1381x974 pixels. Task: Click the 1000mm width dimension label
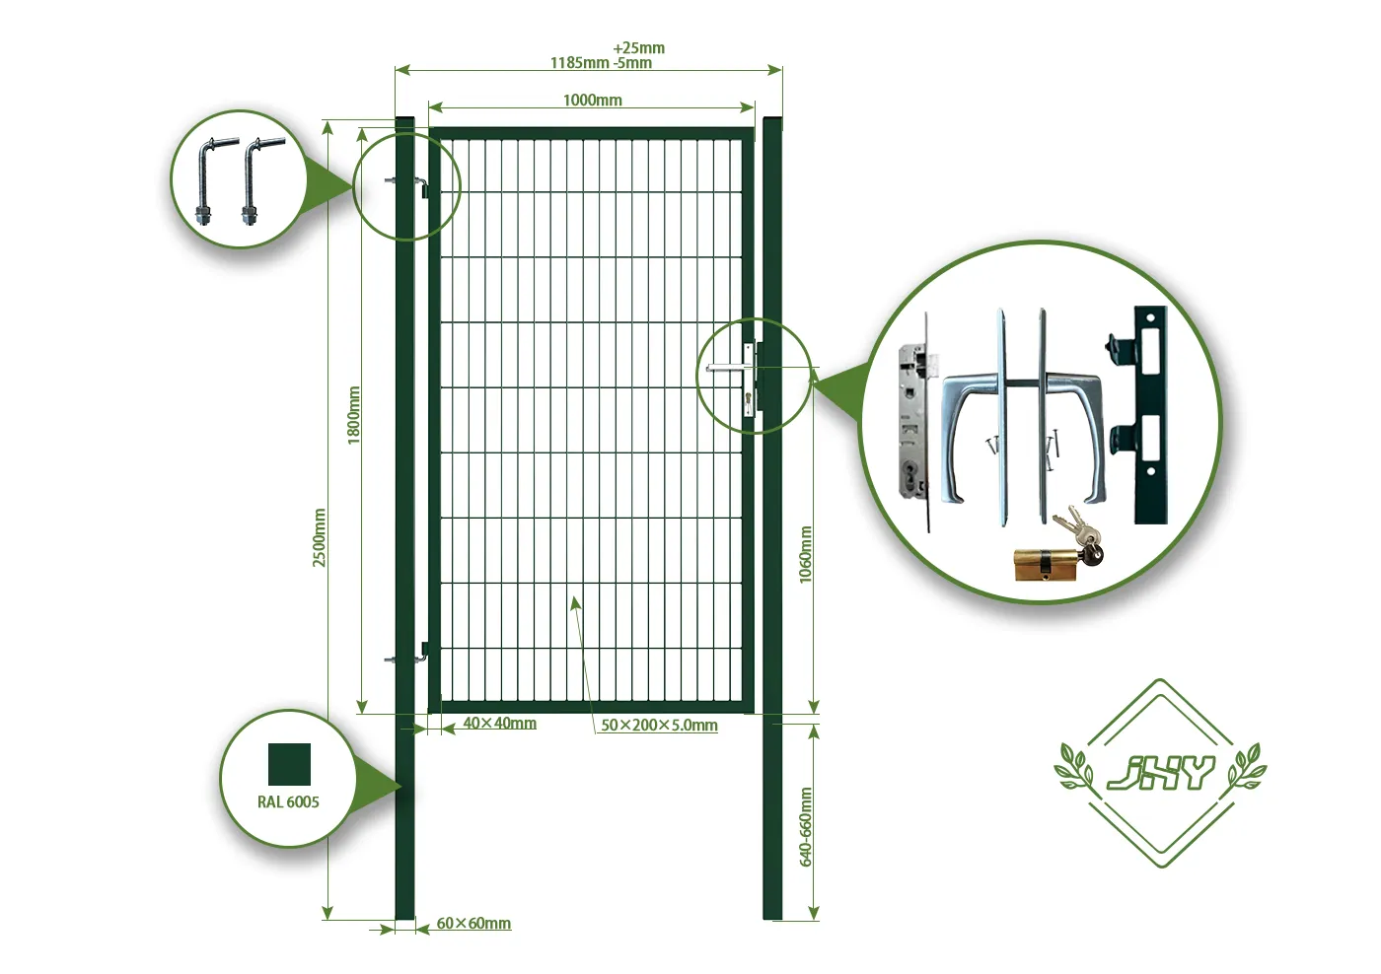[x=592, y=100]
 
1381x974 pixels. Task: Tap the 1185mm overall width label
[x=579, y=63]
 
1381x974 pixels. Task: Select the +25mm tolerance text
[x=638, y=47]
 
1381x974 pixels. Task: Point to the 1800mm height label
[x=354, y=415]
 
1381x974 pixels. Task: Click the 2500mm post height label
[x=320, y=537]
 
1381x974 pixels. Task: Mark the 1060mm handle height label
[x=806, y=554]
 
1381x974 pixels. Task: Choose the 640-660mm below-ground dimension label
[x=806, y=827]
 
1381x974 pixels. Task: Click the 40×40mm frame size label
[x=499, y=724]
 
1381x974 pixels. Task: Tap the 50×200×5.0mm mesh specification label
[x=659, y=726]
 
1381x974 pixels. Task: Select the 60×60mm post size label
[x=473, y=924]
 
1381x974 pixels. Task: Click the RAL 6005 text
[x=288, y=802]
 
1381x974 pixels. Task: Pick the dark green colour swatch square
[x=289, y=764]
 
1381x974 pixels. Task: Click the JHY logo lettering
[x=1160, y=773]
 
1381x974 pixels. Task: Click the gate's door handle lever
[x=728, y=369]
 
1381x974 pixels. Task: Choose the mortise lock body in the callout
[x=913, y=424]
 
